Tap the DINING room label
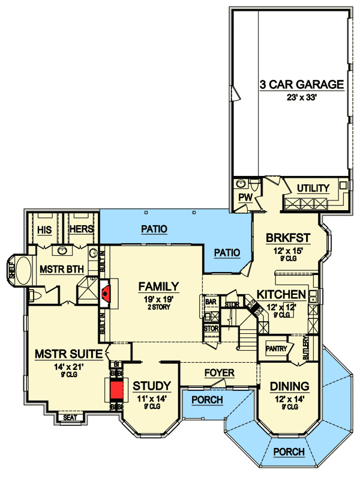pyautogui.click(x=289, y=386)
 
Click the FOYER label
pyautogui.click(x=220, y=374)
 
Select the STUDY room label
pyautogui.click(x=152, y=386)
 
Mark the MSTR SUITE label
pyautogui.click(x=59, y=352)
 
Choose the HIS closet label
pyautogui.click(x=44, y=229)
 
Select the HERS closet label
pyautogui.click(x=80, y=229)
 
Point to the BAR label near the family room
pyautogui.click(x=211, y=301)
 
